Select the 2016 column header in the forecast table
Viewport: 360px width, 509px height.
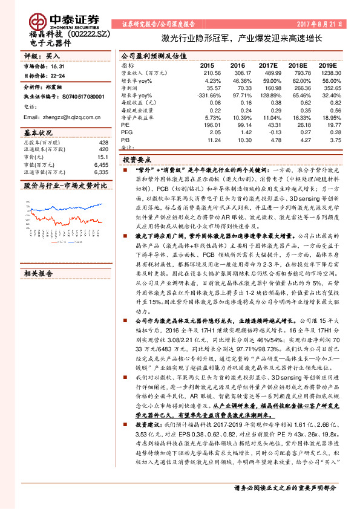pyautogui.click(x=238, y=65)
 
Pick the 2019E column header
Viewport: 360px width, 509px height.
pyautogui.click(x=327, y=65)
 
